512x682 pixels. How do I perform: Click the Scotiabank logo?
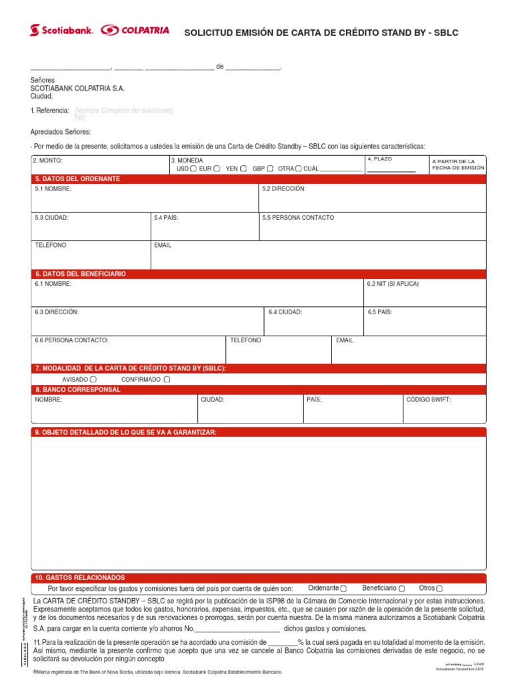point(63,31)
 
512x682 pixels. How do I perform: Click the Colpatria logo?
point(135,31)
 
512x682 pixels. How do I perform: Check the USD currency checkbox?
point(193,169)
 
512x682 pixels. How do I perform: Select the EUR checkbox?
point(217,169)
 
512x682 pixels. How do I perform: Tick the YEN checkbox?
point(243,169)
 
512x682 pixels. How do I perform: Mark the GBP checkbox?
point(271,169)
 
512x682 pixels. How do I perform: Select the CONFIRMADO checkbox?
point(167,380)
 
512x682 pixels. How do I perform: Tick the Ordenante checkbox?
point(343,589)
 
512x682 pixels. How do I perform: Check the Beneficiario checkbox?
point(401,589)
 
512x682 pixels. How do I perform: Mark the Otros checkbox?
point(439,589)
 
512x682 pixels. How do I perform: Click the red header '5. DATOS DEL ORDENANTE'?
point(77,179)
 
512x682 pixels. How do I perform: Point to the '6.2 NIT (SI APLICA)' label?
point(393,284)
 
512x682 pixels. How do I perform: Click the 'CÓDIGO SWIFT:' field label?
point(429,400)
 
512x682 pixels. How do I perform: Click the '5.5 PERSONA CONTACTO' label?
point(298,218)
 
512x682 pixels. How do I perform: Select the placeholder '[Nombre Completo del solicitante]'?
point(123,111)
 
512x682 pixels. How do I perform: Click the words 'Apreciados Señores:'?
point(61,132)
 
